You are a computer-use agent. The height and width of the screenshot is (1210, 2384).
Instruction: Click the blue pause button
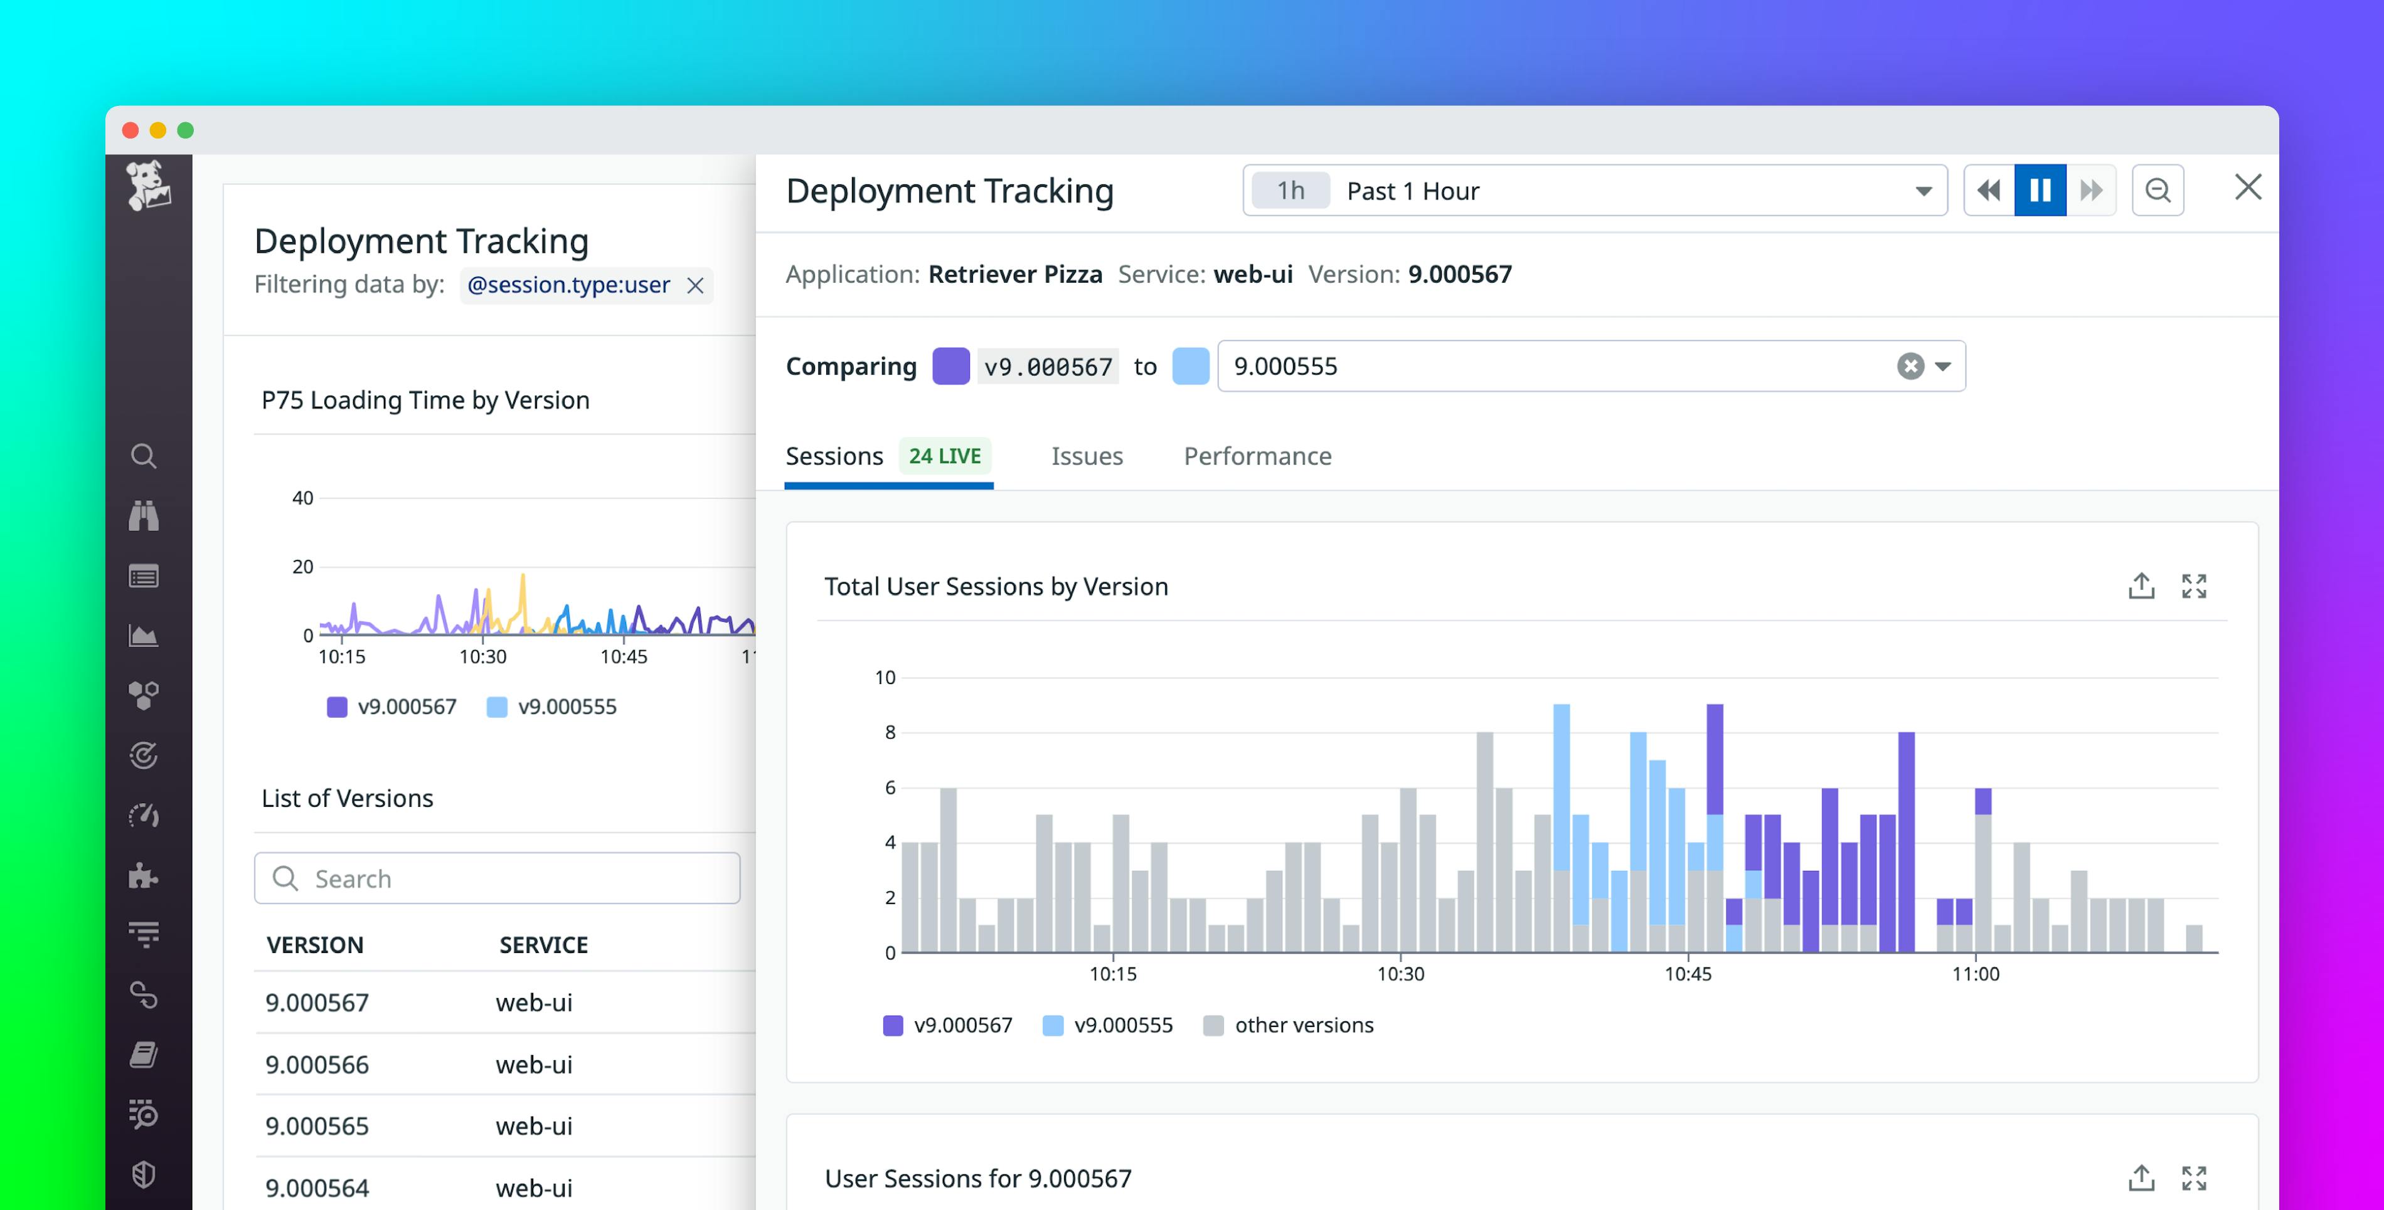2040,191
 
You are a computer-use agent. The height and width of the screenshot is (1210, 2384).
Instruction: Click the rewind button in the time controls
1988,191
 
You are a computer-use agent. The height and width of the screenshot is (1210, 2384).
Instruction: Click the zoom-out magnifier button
2158,191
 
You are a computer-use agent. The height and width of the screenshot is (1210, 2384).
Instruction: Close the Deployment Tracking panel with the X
2247,188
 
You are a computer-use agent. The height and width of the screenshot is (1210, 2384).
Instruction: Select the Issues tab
1087,456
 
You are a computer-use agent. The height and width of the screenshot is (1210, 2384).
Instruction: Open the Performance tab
1257,456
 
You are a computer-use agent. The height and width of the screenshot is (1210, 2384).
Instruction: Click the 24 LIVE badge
944,456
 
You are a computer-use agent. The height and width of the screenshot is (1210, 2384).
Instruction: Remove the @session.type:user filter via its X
695,286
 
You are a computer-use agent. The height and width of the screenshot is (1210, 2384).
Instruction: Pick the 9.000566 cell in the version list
317,1065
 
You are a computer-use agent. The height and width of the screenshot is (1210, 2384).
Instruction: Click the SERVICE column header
543,945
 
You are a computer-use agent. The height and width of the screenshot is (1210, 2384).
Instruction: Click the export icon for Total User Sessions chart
2141,586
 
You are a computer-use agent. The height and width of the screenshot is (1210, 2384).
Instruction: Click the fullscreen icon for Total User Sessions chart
2193,586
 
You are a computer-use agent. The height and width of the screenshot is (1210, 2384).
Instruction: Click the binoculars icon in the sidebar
144,516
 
